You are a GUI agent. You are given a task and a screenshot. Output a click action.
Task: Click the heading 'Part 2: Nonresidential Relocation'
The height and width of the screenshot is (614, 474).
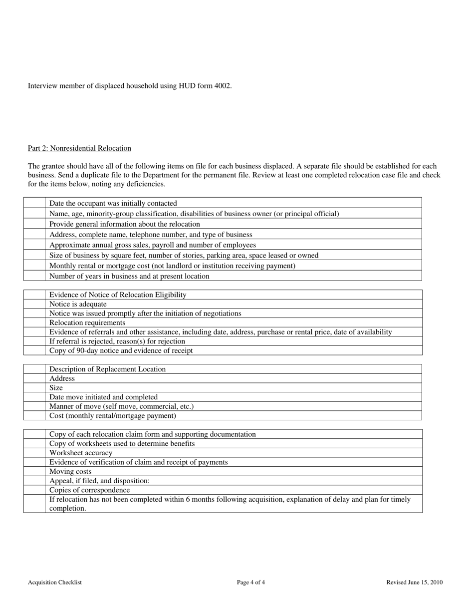coord(79,148)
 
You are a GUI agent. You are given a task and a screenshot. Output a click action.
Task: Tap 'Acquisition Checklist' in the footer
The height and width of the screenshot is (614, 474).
coord(55,582)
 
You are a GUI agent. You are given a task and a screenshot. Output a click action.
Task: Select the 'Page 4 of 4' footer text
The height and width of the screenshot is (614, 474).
coord(251,582)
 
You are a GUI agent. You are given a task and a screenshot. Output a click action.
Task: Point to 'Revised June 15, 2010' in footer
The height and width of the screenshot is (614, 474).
coord(414,582)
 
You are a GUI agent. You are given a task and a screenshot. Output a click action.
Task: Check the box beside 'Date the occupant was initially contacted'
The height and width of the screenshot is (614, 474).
coord(34,203)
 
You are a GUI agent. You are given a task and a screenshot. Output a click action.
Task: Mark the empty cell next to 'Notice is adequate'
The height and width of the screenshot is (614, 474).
coord(34,304)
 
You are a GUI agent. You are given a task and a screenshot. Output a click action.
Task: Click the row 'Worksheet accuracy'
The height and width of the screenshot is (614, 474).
coord(81,453)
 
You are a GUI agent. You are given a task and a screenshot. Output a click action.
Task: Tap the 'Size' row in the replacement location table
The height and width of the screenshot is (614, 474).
coord(56,388)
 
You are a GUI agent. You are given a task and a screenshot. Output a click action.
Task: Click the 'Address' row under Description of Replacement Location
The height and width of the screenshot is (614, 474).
coord(62,378)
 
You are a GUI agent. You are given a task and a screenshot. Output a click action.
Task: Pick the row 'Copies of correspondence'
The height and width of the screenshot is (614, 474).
coord(89,490)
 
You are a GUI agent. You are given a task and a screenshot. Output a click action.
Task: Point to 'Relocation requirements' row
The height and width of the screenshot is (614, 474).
coord(87,322)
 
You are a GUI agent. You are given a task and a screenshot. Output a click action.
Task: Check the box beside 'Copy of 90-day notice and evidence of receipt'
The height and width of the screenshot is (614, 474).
coord(34,350)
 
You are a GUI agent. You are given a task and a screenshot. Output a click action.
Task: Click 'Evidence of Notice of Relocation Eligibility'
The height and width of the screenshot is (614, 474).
coord(118,295)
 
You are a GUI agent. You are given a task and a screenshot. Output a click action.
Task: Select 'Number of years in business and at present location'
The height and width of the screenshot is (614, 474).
coord(129,276)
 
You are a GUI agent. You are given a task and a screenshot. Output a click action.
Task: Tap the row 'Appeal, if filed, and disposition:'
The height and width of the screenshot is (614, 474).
coord(99,481)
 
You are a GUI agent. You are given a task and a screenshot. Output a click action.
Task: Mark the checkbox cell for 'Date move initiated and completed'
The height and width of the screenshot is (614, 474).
coord(34,397)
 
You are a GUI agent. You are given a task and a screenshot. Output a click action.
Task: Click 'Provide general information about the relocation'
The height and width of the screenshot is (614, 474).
coord(124,224)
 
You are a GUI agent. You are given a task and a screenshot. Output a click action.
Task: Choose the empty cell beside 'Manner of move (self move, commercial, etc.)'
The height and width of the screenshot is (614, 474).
coord(34,406)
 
